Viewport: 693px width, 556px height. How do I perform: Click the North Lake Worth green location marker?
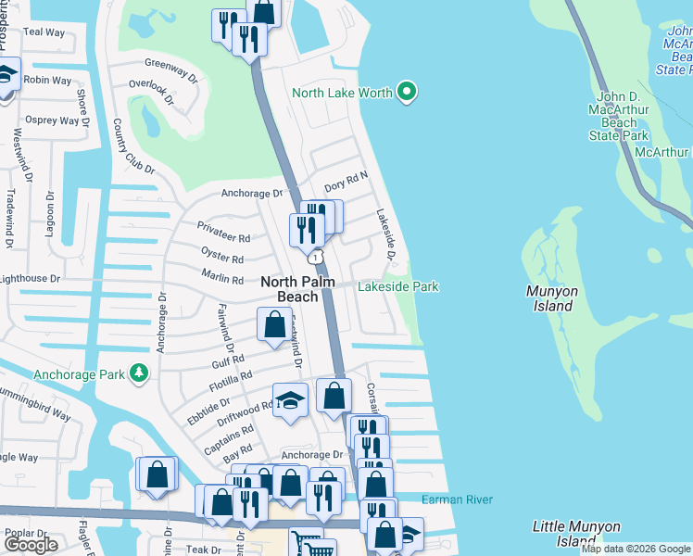[405, 92]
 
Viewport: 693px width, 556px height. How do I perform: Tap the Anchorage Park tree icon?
[139, 373]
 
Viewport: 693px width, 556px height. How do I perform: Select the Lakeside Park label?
[398, 287]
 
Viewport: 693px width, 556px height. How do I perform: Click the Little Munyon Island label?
[576, 534]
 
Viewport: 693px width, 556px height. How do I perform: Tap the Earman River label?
[457, 500]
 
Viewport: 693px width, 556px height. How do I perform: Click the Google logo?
[31, 544]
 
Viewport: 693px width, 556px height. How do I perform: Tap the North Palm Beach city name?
[296, 289]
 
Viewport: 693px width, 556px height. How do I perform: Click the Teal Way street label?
[45, 32]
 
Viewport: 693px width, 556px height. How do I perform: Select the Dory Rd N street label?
[346, 174]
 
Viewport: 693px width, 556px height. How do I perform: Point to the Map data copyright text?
[636, 549]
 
